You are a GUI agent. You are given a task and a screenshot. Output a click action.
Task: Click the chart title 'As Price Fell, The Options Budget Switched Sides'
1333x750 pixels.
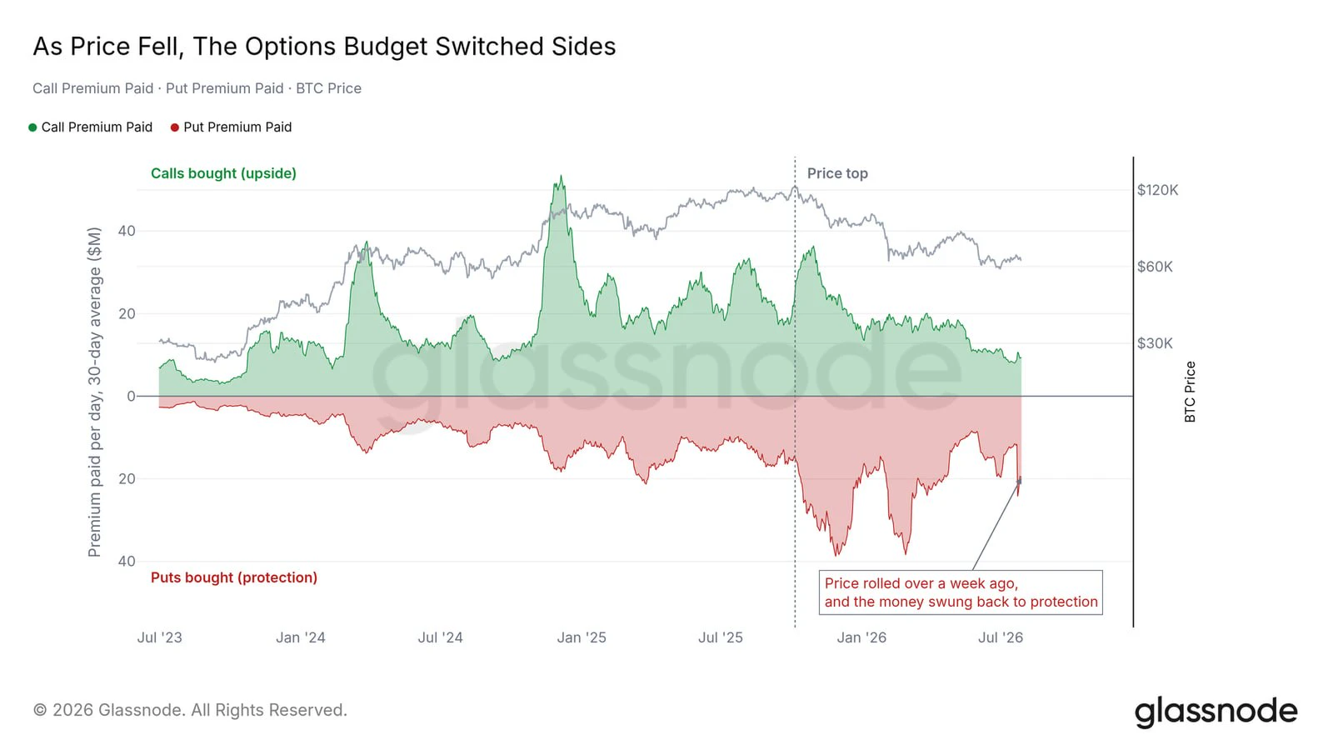(324, 47)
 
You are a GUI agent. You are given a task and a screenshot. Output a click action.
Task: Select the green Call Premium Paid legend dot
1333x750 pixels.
(32, 127)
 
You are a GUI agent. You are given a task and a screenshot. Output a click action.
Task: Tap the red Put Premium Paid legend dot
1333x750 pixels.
(174, 127)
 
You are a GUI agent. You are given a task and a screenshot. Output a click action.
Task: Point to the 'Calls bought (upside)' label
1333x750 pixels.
(223, 173)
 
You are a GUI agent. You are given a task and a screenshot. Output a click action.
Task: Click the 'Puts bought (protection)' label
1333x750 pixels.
(234, 577)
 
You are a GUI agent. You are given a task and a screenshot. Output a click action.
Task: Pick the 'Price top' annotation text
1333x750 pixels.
(837, 173)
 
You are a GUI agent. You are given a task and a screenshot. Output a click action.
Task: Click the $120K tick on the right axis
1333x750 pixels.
(1157, 190)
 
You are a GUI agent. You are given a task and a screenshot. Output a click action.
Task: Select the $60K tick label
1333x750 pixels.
(1155, 267)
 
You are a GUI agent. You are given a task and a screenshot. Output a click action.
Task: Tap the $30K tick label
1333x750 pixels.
(1155, 343)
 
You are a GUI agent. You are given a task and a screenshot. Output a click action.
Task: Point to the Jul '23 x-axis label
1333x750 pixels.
(159, 637)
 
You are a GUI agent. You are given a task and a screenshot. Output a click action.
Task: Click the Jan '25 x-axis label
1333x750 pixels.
(582, 637)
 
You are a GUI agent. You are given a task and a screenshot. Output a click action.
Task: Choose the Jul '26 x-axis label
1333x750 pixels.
(1001, 637)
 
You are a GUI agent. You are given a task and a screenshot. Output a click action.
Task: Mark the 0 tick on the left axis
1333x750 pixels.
(131, 397)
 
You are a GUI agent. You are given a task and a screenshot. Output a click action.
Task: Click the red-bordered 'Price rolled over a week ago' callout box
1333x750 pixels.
(961, 592)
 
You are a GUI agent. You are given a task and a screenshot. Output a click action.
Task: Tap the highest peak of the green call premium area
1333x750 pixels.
(561, 177)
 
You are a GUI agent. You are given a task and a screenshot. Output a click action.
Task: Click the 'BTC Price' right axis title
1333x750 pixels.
(1191, 392)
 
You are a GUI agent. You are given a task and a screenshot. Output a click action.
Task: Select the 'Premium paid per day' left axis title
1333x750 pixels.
(94, 392)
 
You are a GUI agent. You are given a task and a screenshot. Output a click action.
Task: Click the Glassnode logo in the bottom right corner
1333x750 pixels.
(1216, 712)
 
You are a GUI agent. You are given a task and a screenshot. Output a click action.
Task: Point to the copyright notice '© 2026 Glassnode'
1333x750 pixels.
(190, 710)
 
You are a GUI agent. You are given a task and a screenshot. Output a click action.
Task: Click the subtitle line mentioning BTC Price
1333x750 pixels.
(197, 88)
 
